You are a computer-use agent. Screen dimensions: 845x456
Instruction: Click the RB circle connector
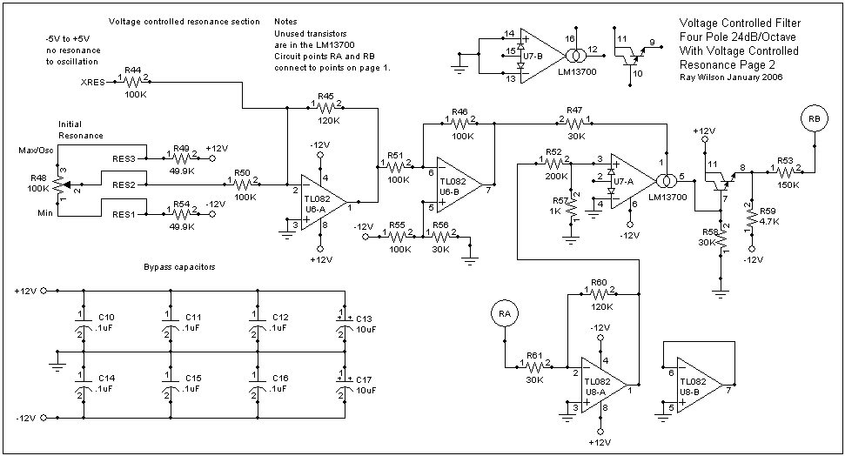(815, 118)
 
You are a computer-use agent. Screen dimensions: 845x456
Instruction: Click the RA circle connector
(505, 314)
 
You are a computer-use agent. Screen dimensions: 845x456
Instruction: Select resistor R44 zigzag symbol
(132, 82)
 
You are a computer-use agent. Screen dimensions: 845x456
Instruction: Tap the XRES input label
(93, 83)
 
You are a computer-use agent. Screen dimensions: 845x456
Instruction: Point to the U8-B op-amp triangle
(700, 385)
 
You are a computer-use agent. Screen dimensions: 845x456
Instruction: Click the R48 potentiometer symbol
(60, 184)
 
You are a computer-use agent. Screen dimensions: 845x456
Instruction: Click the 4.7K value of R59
(769, 222)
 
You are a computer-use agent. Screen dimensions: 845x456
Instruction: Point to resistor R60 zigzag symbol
(600, 294)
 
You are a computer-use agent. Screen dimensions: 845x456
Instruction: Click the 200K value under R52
(557, 177)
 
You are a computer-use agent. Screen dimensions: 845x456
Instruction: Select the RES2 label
(124, 184)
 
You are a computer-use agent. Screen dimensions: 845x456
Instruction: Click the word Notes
(285, 22)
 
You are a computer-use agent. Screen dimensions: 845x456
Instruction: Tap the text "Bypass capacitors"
(179, 267)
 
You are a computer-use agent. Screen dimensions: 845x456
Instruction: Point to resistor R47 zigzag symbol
(575, 124)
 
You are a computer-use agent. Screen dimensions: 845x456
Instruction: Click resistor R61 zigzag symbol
(534, 367)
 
